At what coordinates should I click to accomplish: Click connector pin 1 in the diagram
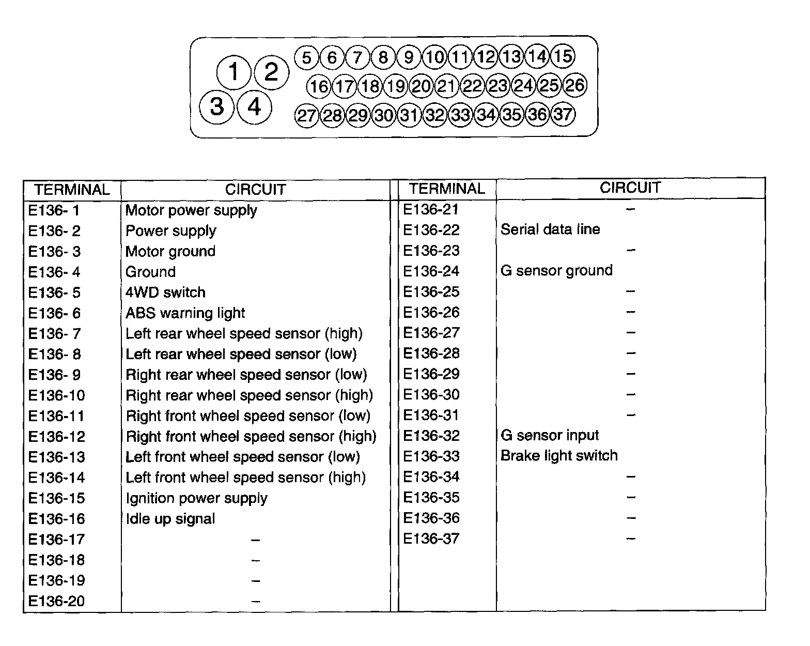(x=233, y=72)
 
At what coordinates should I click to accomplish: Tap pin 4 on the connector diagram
(x=255, y=106)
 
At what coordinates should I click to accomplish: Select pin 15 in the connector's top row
(x=563, y=56)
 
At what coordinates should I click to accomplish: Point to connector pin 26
(x=574, y=85)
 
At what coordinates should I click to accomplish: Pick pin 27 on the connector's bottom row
(x=307, y=115)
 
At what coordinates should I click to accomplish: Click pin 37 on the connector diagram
(x=563, y=114)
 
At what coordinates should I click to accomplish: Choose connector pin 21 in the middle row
(x=446, y=86)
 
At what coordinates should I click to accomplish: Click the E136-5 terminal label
(x=54, y=293)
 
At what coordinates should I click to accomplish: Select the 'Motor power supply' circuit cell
(x=191, y=210)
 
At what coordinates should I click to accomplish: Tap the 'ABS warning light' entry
(x=185, y=313)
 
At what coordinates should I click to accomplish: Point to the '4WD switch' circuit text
(x=165, y=293)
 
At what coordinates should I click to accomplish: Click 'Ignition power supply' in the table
(x=196, y=498)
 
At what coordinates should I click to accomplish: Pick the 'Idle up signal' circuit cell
(x=170, y=519)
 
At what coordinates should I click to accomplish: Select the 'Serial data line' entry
(x=550, y=229)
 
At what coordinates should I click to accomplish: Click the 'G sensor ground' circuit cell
(x=556, y=271)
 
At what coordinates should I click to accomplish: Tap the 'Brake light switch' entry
(x=559, y=456)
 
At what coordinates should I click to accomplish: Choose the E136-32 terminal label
(x=431, y=436)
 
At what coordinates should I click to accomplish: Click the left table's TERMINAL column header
(x=72, y=190)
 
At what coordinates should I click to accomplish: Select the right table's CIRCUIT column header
(x=630, y=188)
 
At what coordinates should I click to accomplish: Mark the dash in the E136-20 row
(x=256, y=602)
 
